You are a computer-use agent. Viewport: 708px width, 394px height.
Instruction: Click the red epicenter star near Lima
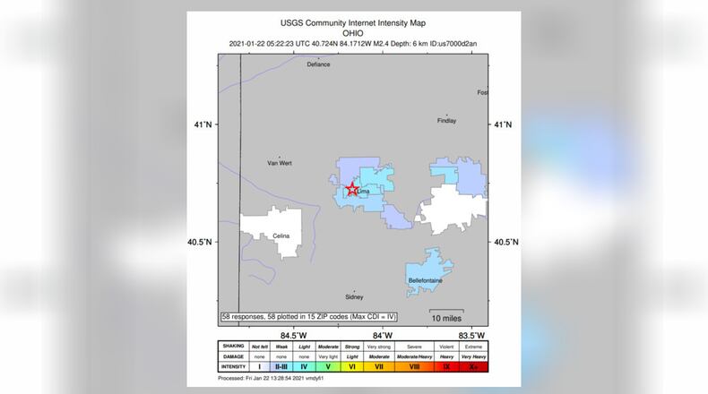pos(352,190)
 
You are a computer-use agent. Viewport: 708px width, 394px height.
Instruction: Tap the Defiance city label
pos(318,64)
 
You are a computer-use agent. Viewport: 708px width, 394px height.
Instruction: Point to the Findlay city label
pos(446,121)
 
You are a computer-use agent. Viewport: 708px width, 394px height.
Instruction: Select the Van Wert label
pos(280,163)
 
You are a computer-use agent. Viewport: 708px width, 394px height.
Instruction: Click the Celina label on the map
pos(281,236)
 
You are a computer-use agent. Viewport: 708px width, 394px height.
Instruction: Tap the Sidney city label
pos(354,296)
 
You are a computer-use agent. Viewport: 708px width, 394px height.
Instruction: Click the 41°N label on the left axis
pos(205,124)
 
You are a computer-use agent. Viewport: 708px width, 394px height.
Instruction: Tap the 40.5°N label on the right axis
pos(506,242)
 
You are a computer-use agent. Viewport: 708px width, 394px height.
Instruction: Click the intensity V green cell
pos(327,366)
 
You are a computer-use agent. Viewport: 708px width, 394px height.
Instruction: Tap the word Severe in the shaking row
pos(415,346)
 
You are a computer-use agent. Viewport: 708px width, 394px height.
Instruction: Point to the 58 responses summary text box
pos(309,316)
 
